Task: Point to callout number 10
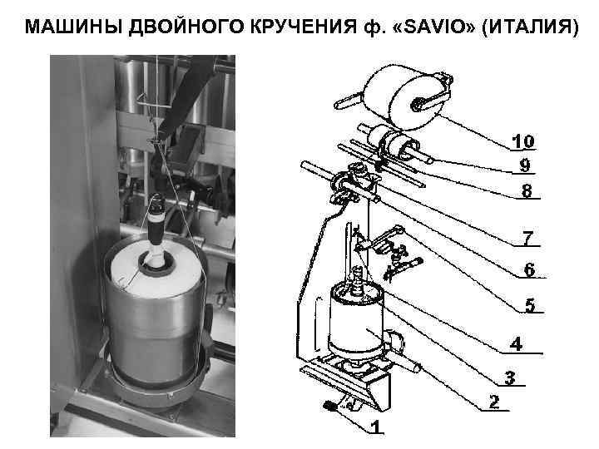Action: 524,140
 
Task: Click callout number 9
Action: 525,164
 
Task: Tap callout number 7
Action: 527,238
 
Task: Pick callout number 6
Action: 529,270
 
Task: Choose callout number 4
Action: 517,343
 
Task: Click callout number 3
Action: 509,378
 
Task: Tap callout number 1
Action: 377,427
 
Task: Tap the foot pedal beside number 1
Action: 329,406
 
